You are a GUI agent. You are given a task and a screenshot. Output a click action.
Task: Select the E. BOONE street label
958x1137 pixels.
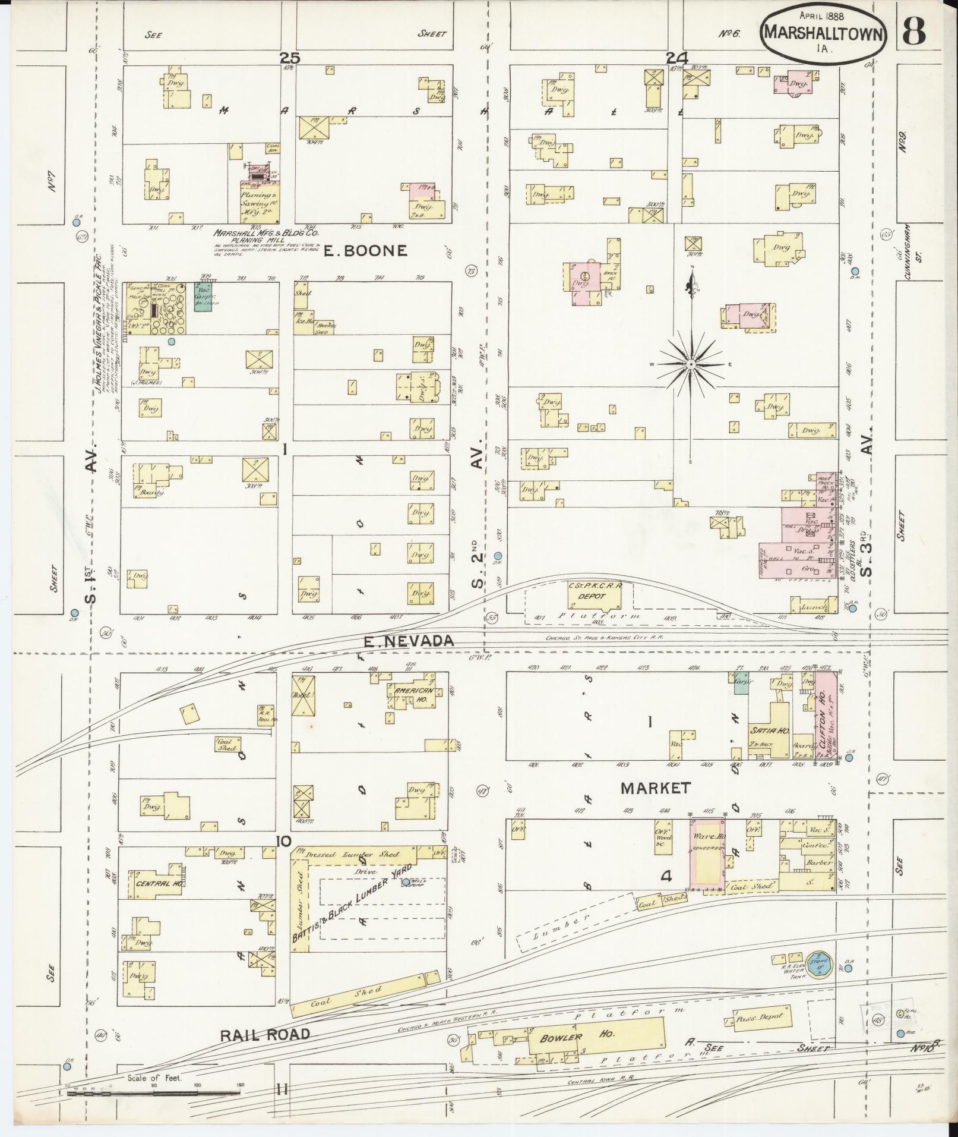(x=366, y=251)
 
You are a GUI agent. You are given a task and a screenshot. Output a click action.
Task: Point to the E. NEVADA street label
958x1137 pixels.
(x=409, y=641)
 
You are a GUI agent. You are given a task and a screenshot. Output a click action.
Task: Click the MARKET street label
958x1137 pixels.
(x=656, y=788)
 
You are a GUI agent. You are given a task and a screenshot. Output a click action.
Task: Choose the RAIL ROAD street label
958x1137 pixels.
(x=265, y=1035)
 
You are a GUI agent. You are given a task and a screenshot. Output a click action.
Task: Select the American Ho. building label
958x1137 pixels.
(x=415, y=691)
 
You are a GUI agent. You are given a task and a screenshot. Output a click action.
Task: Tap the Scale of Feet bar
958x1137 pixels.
(x=153, y=1092)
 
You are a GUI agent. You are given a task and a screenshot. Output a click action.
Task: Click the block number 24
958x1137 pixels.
(x=676, y=58)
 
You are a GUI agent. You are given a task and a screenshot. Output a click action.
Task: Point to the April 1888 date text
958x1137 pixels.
(x=821, y=16)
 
